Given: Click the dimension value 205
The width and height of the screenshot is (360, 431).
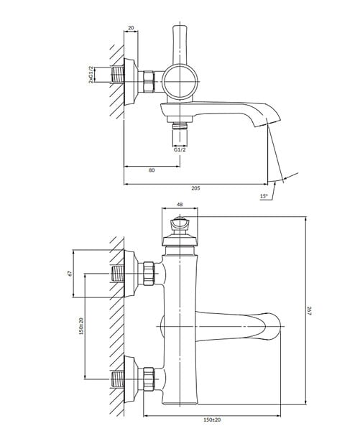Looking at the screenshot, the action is pyautogui.click(x=195, y=188).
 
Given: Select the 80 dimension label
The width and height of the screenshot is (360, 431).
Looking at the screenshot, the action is pyautogui.click(x=152, y=170).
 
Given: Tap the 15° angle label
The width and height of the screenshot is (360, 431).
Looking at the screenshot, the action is pyautogui.click(x=264, y=196).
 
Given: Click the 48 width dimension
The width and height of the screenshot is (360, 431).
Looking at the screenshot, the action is pyautogui.click(x=180, y=204).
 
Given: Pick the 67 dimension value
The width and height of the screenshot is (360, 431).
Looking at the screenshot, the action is pyautogui.click(x=70, y=273).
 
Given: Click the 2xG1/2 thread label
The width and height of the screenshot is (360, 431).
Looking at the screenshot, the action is pyautogui.click(x=91, y=74).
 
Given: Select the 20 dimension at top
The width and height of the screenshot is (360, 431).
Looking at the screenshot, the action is pyautogui.click(x=131, y=27).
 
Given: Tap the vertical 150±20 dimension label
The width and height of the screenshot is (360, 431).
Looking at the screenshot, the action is pyautogui.click(x=81, y=326).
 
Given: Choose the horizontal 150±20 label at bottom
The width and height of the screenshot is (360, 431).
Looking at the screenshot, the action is pyautogui.click(x=212, y=420).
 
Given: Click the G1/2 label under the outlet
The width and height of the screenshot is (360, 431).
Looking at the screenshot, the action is pyautogui.click(x=180, y=150).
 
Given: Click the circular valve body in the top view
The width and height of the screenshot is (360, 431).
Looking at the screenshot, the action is pyautogui.click(x=180, y=82).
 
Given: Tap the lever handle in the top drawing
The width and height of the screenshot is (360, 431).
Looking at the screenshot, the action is pyautogui.click(x=180, y=45).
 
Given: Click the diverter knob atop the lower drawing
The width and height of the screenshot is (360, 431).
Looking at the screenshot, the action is pyautogui.click(x=180, y=224).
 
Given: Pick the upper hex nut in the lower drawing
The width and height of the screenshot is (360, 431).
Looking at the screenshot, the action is pyautogui.click(x=149, y=274).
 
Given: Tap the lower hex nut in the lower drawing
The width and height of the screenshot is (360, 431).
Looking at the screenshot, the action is pyautogui.click(x=149, y=379).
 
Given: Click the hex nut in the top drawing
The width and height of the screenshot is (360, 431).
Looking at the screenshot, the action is pyautogui.click(x=149, y=81).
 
